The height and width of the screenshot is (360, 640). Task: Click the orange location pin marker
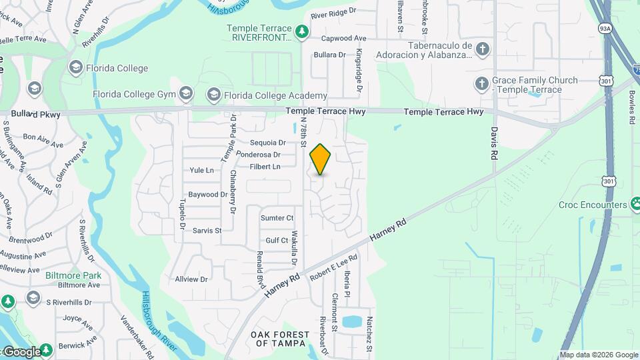(x=320, y=159)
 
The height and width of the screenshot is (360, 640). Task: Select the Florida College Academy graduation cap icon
(x=213, y=95)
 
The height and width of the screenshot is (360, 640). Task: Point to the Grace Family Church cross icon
(x=482, y=84)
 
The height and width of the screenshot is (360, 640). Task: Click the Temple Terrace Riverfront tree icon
(x=302, y=31)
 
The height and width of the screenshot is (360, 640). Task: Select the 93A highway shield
(x=605, y=29)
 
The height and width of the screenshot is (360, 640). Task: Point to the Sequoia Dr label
(x=267, y=143)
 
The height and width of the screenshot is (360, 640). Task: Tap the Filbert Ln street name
(x=265, y=167)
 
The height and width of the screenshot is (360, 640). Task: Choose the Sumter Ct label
(x=277, y=218)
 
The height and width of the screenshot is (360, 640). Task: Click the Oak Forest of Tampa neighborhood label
(x=280, y=339)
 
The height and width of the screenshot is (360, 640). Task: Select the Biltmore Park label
(x=73, y=275)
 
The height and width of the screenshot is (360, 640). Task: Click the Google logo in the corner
(x=21, y=351)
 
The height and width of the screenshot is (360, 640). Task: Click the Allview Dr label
(x=191, y=279)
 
